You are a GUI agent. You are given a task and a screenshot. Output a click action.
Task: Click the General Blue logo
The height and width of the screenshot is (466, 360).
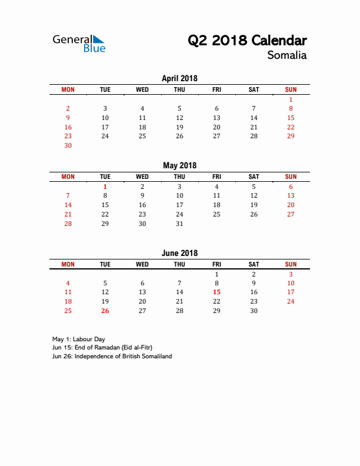(x=79, y=44)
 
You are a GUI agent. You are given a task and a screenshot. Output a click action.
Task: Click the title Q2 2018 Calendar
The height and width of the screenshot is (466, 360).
(x=247, y=41)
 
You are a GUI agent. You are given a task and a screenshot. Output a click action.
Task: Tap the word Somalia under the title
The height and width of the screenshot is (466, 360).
(x=286, y=56)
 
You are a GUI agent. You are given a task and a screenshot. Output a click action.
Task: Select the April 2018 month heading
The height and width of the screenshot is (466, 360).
(x=179, y=78)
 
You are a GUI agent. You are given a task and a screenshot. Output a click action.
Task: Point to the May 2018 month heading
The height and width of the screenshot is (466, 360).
(x=179, y=165)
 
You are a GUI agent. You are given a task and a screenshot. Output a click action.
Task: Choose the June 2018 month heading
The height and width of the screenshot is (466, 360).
(x=179, y=253)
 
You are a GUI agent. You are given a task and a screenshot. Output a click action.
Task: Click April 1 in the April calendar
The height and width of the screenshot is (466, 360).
(x=291, y=100)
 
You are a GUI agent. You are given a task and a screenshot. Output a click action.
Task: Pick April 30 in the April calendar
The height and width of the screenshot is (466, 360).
(x=68, y=145)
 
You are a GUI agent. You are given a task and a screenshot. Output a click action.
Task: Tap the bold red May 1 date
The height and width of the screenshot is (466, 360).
(x=105, y=187)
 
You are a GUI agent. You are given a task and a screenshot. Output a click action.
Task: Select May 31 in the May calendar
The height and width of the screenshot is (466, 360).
(x=179, y=224)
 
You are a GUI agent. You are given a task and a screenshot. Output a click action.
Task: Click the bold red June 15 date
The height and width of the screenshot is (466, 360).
(x=216, y=292)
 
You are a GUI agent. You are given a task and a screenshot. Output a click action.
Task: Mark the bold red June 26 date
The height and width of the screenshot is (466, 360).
(x=105, y=311)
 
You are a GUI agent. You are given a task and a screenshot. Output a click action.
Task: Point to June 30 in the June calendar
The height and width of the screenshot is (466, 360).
(x=254, y=311)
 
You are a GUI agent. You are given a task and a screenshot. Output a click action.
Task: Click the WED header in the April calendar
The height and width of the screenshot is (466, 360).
(x=142, y=89)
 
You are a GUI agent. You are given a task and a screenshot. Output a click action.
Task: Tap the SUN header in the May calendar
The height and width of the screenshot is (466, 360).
(x=291, y=177)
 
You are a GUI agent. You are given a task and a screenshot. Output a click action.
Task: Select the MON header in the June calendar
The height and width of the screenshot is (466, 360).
(x=68, y=264)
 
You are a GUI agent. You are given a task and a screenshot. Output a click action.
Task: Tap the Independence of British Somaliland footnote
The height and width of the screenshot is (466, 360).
(x=112, y=357)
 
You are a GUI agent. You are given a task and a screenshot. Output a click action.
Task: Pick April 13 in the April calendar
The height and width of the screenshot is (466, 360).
(x=216, y=118)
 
